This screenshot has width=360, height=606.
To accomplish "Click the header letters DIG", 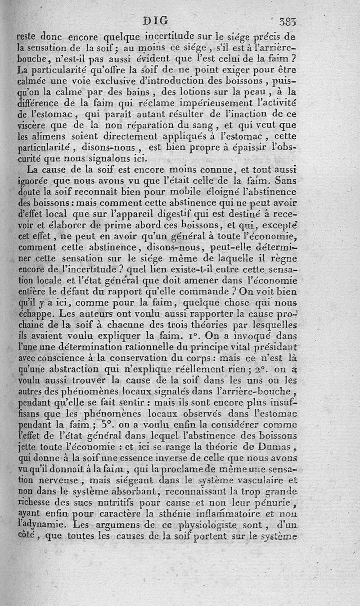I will [156, 20].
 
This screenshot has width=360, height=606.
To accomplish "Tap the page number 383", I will [287, 21].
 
